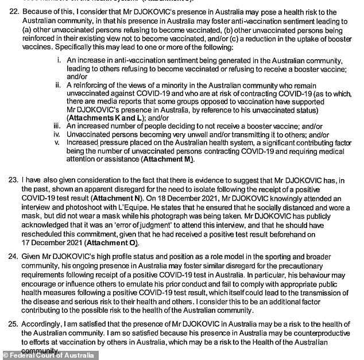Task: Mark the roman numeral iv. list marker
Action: pyautogui.click(x=57, y=134)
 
